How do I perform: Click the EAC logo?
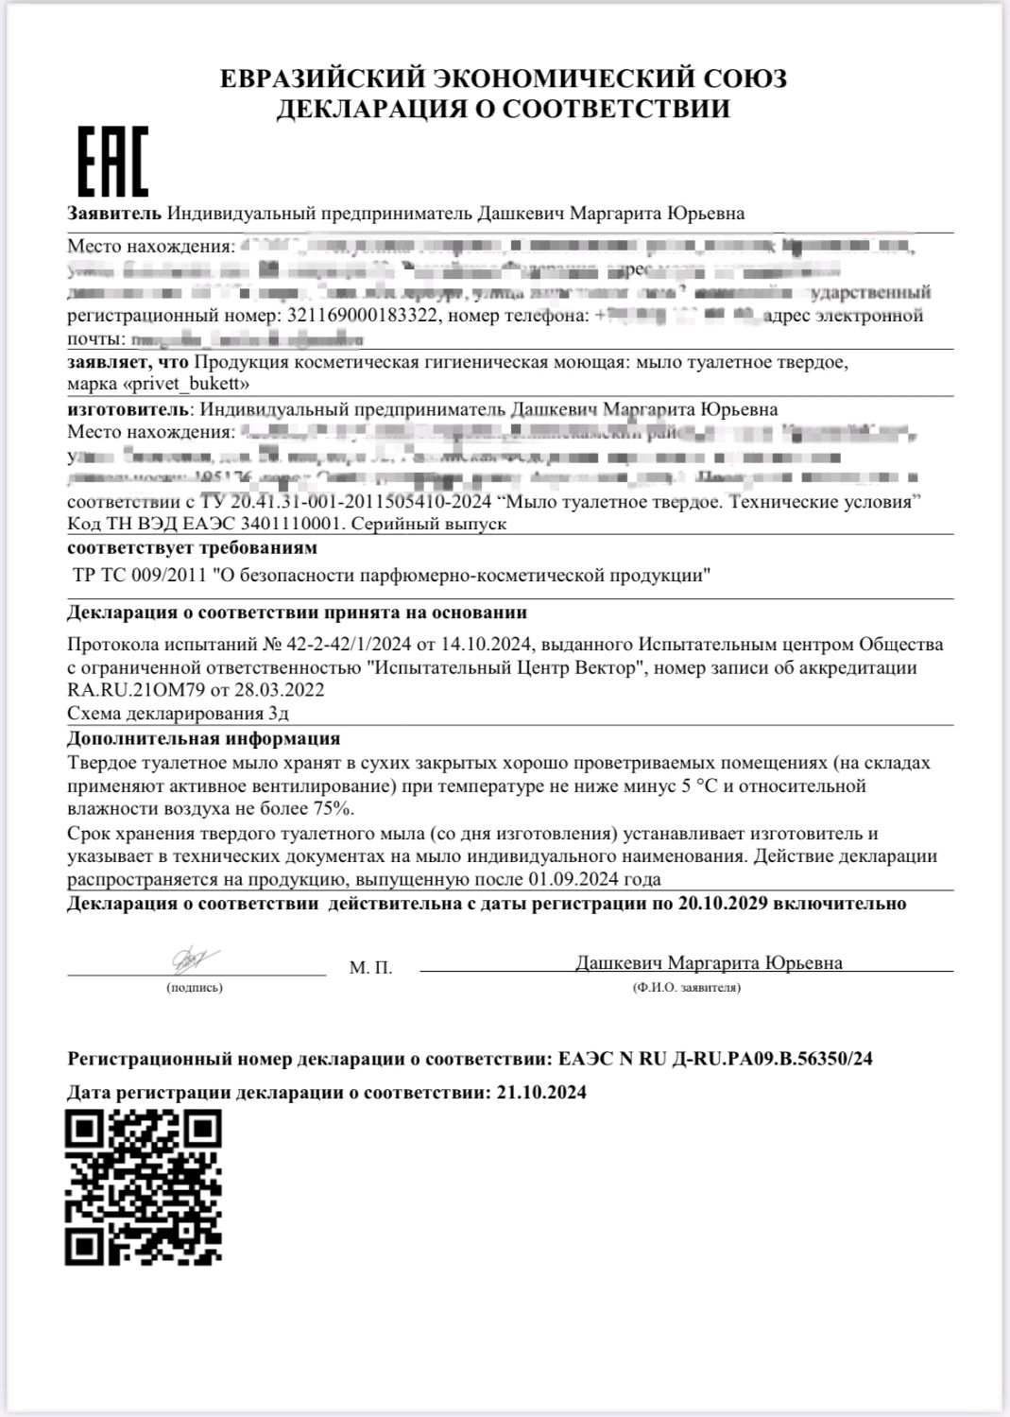point(112,162)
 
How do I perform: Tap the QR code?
point(144,1187)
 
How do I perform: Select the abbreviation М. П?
point(370,968)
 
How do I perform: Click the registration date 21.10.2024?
point(540,1093)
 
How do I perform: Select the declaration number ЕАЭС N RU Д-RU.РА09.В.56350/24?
point(715,1059)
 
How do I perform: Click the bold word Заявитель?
point(114,214)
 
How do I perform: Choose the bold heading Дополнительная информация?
point(203,738)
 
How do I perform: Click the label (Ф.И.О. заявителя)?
point(687,988)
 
